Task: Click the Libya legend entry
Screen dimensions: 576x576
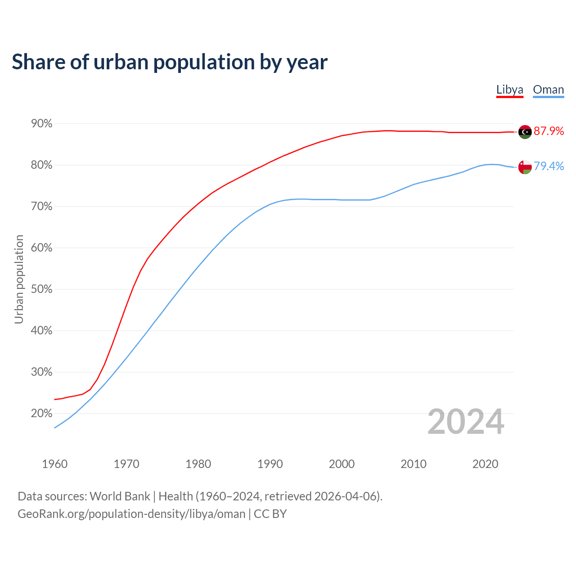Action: click(509, 90)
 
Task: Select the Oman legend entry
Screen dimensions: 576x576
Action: click(548, 90)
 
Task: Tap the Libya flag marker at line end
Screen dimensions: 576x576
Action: click(525, 132)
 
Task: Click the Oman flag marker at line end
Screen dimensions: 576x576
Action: click(525, 167)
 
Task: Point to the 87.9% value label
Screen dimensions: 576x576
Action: click(549, 131)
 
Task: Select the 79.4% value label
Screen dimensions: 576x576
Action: click(549, 166)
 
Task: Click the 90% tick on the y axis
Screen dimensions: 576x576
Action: click(41, 123)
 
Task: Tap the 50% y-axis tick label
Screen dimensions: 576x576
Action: click(41, 289)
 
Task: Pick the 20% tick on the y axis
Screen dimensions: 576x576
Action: click(41, 413)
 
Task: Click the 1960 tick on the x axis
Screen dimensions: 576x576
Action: click(54, 464)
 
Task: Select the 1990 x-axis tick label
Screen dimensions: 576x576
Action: click(270, 464)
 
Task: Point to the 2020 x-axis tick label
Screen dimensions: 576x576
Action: click(485, 464)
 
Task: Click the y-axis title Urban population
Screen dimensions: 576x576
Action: click(19, 279)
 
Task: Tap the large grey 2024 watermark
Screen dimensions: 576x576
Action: click(466, 422)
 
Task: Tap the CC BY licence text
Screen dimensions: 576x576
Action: click(270, 514)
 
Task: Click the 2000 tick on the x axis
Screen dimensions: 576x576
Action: click(342, 464)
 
